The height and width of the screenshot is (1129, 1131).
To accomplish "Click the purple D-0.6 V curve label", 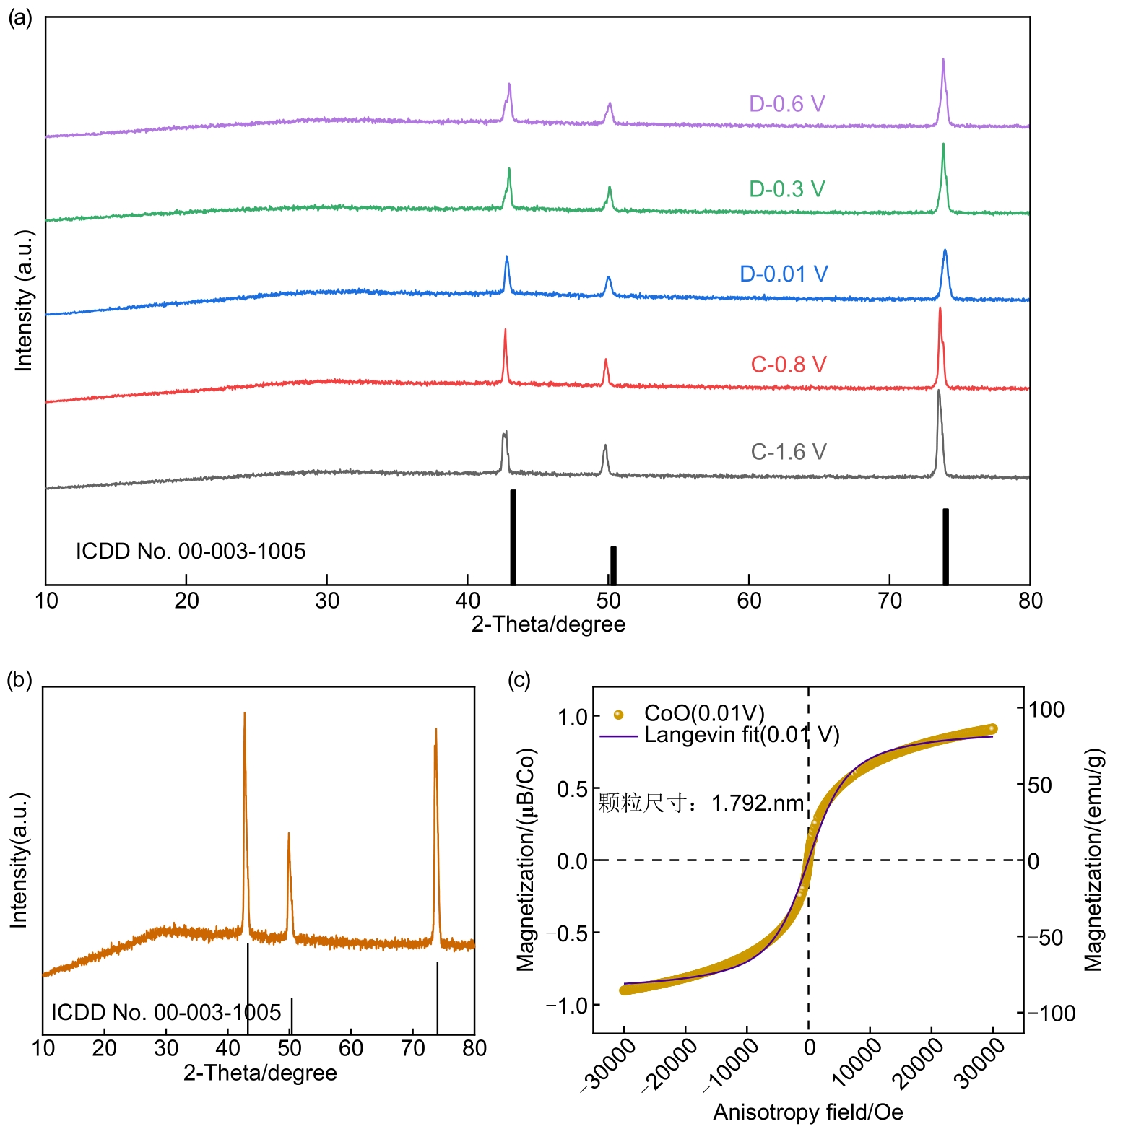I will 786,104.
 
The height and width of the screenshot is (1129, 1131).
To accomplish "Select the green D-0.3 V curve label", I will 786,189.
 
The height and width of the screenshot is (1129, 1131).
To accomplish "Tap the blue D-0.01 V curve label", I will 784,274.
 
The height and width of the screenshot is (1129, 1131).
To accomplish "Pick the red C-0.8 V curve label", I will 788,365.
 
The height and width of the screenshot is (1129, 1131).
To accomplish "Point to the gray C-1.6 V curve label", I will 788,452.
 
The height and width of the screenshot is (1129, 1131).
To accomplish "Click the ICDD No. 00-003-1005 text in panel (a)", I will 191,552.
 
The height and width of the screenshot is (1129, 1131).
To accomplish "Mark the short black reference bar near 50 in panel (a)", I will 613,565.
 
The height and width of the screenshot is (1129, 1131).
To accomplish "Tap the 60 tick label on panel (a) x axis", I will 749,601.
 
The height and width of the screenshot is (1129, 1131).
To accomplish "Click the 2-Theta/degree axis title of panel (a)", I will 548,624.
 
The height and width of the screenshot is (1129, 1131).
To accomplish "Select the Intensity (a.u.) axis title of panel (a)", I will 25,301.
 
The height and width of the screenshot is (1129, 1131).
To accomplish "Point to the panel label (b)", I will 19,680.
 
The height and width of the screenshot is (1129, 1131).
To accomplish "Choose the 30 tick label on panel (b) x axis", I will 166,1048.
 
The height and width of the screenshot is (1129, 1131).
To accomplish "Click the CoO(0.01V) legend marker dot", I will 618,715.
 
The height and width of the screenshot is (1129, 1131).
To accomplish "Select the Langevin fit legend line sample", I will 618,736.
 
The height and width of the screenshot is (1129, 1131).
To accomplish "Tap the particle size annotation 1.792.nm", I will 758,803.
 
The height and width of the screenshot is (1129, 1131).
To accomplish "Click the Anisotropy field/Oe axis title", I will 807,1112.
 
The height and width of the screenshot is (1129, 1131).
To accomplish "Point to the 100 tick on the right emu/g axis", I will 1046,710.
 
